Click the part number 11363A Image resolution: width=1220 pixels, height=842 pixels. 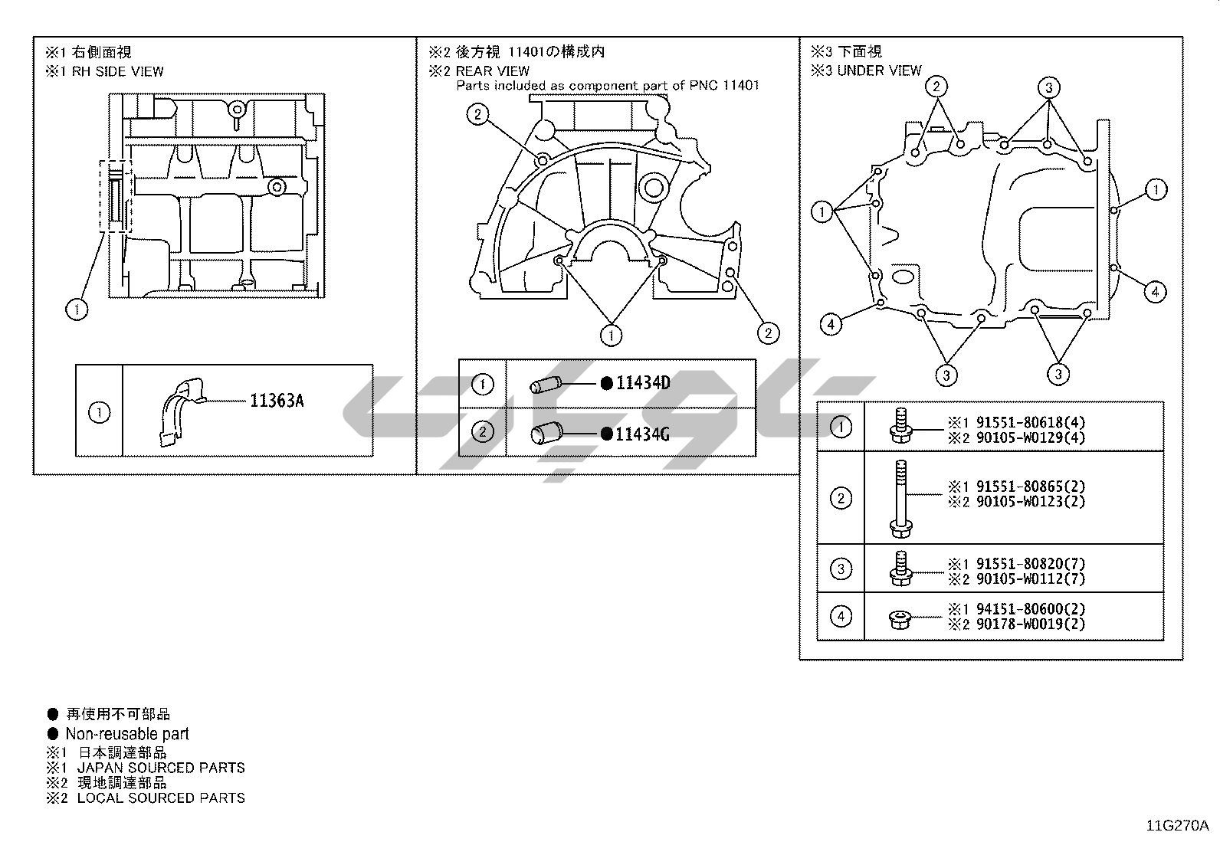(x=277, y=401)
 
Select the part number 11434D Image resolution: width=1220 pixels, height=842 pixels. (x=643, y=383)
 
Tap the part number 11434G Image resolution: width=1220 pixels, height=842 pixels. (x=642, y=434)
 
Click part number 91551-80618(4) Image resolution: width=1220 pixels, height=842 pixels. (x=1031, y=422)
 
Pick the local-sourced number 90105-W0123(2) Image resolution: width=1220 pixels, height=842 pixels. (x=1031, y=501)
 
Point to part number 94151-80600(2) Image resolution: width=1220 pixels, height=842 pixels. (x=1031, y=608)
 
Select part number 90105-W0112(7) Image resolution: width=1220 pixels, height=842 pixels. (x=1031, y=578)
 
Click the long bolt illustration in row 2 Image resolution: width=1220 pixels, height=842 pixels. (x=900, y=498)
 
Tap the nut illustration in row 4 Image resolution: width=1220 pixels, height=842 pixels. (x=899, y=619)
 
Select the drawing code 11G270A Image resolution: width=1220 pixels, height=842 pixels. (x=1177, y=826)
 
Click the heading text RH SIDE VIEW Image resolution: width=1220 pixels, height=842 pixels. (x=118, y=71)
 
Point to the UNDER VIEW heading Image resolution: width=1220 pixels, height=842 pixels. (x=879, y=70)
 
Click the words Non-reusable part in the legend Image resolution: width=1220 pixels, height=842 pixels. (x=127, y=734)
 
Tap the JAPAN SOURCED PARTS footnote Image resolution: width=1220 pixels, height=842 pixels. (x=161, y=768)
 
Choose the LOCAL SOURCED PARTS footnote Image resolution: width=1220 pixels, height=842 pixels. (x=161, y=798)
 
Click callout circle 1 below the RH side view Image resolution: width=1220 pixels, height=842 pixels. (x=77, y=310)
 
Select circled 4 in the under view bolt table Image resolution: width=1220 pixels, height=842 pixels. (x=841, y=616)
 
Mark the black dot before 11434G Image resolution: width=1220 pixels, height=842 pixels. (x=607, y=434)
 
